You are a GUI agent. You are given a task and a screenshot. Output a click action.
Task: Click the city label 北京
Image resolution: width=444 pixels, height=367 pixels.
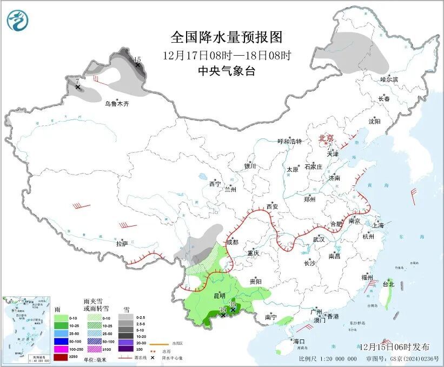pyautogui.click(x=326, y=138)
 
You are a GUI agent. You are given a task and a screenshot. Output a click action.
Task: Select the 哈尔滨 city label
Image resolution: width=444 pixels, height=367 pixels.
pyautogui.click(x=389, y=79)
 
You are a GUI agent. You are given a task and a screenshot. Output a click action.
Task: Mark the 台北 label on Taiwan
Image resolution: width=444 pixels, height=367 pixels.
pyautogui.click(x=388, y=284)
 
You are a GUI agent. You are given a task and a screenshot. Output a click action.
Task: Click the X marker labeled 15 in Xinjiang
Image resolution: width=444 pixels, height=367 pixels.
pyautogui.click(x=137, y=65)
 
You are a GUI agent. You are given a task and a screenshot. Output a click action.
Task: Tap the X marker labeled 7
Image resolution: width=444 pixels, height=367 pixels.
pyautogui.click(x=78, y=87)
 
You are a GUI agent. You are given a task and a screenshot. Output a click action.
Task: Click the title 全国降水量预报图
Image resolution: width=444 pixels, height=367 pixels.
pyautogui.click(x=227, y=37)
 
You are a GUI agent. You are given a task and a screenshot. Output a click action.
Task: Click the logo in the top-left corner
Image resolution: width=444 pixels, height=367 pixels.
pyautogui.click(x=17, y=20)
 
